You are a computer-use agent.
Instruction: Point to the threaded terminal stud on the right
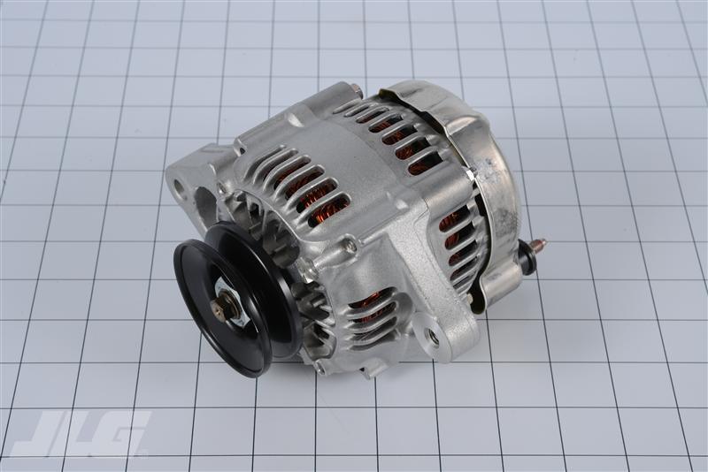pos(536,243)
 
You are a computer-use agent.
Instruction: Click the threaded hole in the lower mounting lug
pos(433,336)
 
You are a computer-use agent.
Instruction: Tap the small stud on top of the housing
pos(355,88)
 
